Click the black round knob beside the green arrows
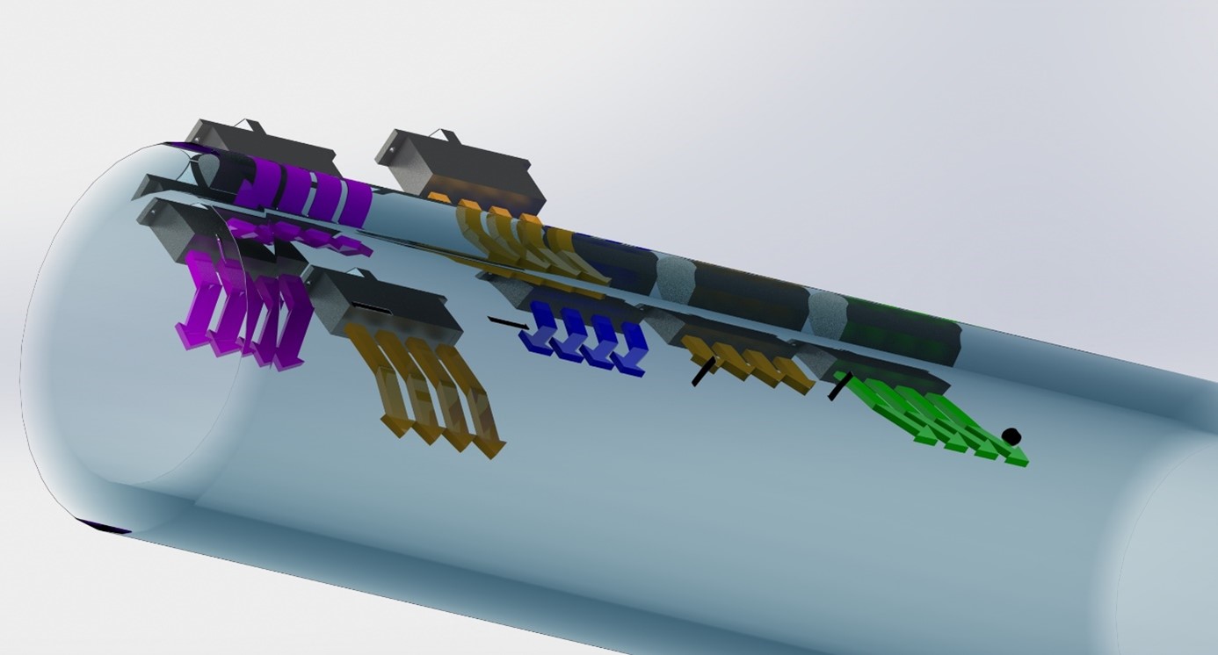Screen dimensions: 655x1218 [1011, 435]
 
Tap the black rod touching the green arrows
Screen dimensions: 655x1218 [839, 385]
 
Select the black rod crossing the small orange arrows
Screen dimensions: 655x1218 [702, 372]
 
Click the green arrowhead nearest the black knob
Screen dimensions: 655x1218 [1015, 457]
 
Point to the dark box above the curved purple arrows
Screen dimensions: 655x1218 [264, 145]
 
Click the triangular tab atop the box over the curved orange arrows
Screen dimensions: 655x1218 [446, 135]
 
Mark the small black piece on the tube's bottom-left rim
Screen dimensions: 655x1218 [105, 527]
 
